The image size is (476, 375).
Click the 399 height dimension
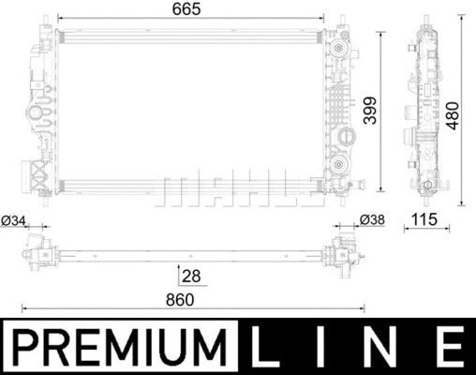[x=369, y=111]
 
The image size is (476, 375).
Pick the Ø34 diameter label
[x=13, y=220]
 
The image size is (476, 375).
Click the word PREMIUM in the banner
[x=122, y=347]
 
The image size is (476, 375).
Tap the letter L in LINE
[x=269, y=347]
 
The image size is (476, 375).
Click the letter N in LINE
[x=386, y=347]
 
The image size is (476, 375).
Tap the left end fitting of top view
[x=39, y=251]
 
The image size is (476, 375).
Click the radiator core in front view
[x=187, y=108]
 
